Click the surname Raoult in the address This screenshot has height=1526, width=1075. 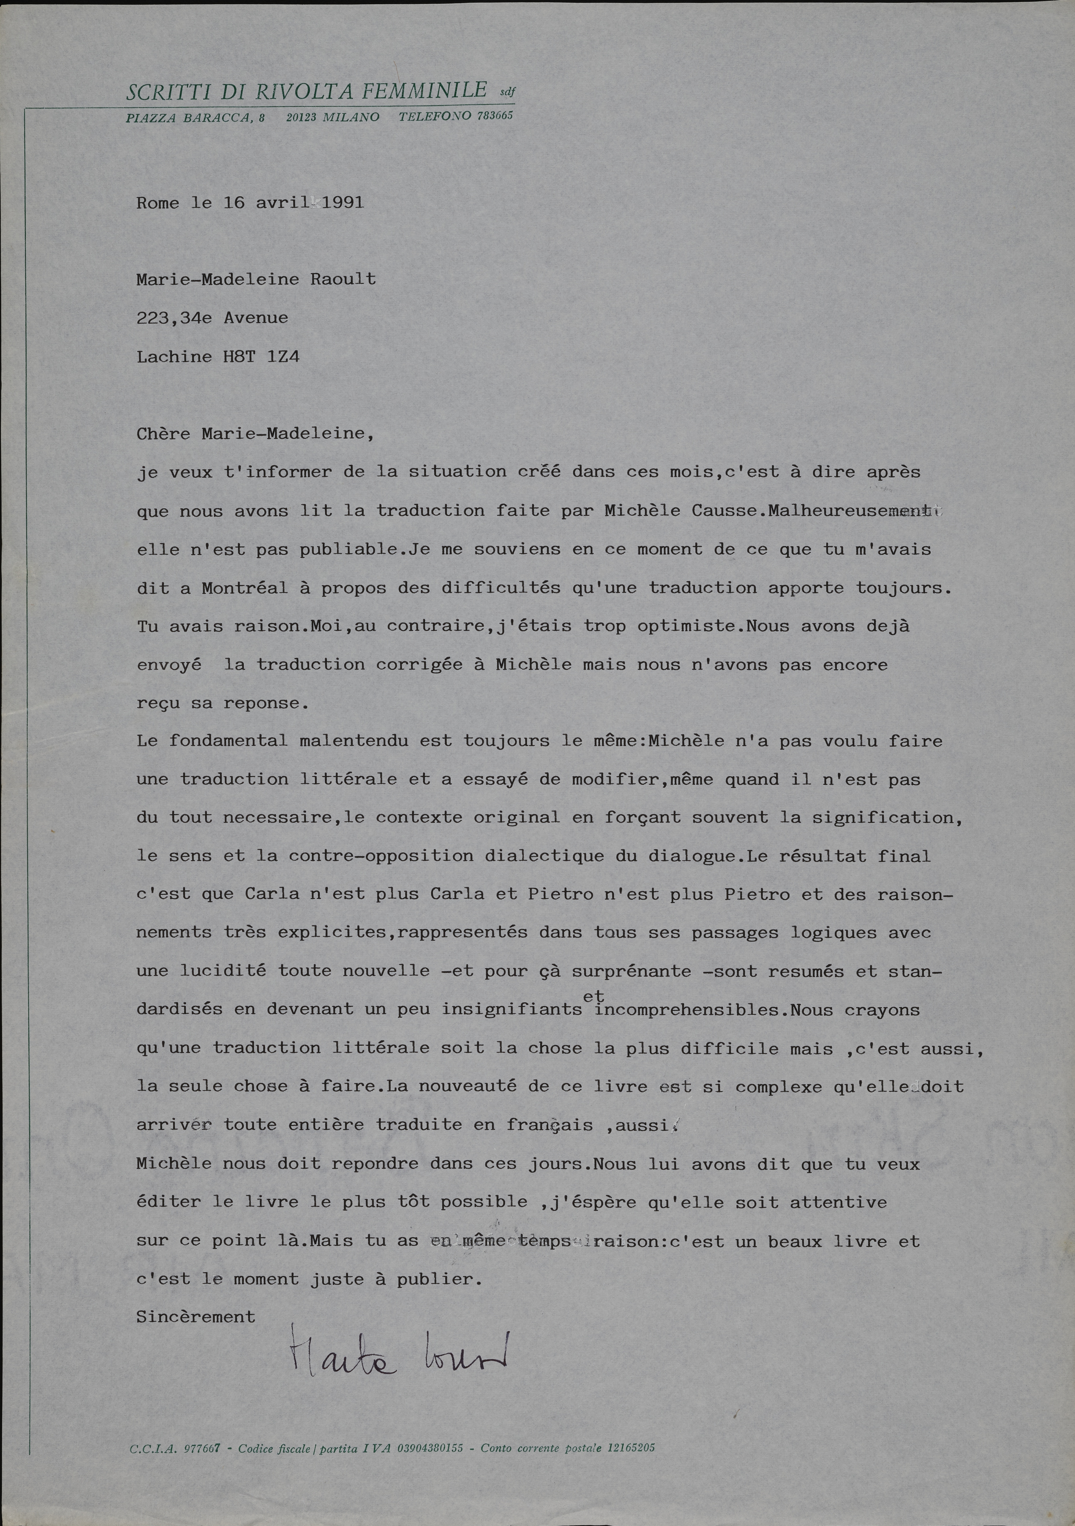pos(343,279)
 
